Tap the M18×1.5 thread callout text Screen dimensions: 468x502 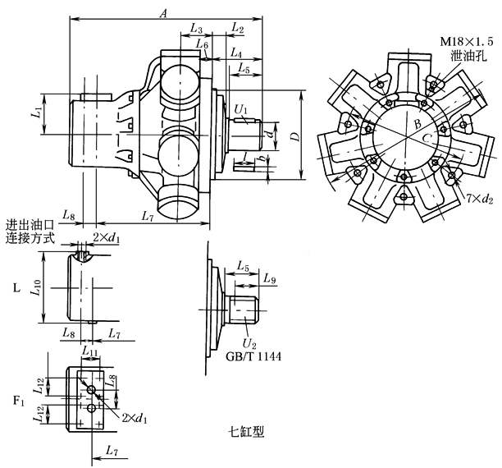[x=463, y=41]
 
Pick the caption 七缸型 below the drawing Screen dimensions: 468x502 [x=248, y=429]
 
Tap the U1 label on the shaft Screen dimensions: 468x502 [x=240, y=108]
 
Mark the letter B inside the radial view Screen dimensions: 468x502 [x=417, y=124]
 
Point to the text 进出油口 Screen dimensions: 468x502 [x=30, y=224]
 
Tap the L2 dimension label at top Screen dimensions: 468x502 [x=238, y=29]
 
